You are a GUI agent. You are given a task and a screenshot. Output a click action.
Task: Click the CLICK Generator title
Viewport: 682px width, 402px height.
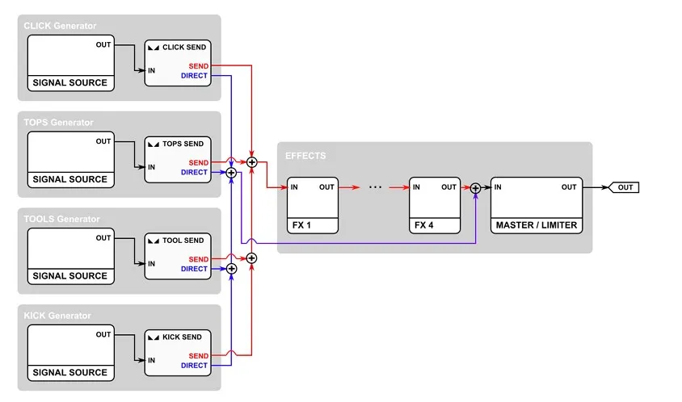[x=60, y=26]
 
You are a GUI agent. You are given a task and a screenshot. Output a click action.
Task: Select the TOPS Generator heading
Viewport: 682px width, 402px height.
[x=58, y=123]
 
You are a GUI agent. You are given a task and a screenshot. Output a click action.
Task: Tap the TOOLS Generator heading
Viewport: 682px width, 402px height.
[x=61, y=219]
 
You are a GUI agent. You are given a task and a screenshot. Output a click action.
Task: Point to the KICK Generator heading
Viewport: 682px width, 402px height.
[x=57, y=316]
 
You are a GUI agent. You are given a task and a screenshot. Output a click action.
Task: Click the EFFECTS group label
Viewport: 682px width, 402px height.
[x=305, y=155]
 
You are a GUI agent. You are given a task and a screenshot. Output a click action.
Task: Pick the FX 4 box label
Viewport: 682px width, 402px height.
[x=423, y=225]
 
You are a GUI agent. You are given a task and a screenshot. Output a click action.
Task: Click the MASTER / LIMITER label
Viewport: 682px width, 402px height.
[x=537, y=225]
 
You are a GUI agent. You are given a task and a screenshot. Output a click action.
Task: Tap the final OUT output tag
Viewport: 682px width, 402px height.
[x=625, y=187]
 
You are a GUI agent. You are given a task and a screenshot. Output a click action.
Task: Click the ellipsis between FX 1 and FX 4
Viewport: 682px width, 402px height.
[x=375, y=187]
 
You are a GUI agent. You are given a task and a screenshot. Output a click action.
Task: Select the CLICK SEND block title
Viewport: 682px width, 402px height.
[x=183, y=48]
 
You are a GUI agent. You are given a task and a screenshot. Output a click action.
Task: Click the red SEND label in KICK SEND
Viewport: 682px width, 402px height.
[x=198, y=356]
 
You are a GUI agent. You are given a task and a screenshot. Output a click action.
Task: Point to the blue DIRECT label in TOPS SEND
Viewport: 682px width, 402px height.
[x=194, y=172]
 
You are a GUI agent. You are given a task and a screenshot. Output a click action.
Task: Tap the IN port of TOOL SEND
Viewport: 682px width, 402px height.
[x=151, y=264]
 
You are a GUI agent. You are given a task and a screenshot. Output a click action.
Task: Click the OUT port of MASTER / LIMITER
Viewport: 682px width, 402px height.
[x=569, y=187]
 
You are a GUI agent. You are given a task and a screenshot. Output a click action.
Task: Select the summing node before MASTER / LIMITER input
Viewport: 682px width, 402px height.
[x=475, y=188]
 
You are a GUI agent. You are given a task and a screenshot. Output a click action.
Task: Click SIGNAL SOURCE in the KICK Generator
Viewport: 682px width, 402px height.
[x=69, y=373]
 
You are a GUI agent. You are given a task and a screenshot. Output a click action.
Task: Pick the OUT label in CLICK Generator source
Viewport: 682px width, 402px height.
[x=103, y=44]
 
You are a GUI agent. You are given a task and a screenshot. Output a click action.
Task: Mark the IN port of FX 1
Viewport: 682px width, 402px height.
[x=294, y=187]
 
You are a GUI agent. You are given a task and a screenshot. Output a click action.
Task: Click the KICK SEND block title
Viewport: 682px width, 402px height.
[x=183, y=337]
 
